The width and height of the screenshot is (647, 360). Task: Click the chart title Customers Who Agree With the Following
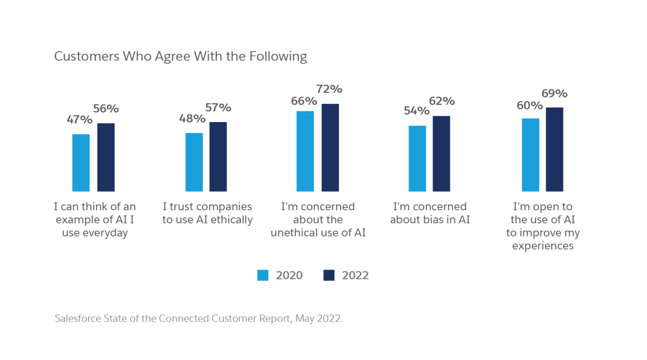(181, 56)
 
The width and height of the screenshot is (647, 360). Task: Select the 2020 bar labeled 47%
(81, 162)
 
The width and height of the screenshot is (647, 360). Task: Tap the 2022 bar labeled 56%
(106, 157)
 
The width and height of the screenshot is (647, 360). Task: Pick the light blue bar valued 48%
(194, 161)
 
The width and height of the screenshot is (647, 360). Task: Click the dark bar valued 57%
(218, 156)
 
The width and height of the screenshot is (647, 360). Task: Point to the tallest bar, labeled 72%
(330, 147)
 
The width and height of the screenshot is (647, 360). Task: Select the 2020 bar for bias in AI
(417, 158)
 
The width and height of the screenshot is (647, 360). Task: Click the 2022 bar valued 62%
(441, 153)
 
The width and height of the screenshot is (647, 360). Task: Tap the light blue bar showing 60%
(531, 154)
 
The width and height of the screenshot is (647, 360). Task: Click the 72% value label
(329, 89)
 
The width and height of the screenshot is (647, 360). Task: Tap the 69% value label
(554, 94)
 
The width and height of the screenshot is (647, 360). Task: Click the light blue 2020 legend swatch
(263, 275)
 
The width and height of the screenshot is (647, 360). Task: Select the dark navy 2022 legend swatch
(329, 275)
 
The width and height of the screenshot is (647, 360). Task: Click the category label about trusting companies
(207, 213)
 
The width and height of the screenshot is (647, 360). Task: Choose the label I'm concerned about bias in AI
(429, 213)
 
